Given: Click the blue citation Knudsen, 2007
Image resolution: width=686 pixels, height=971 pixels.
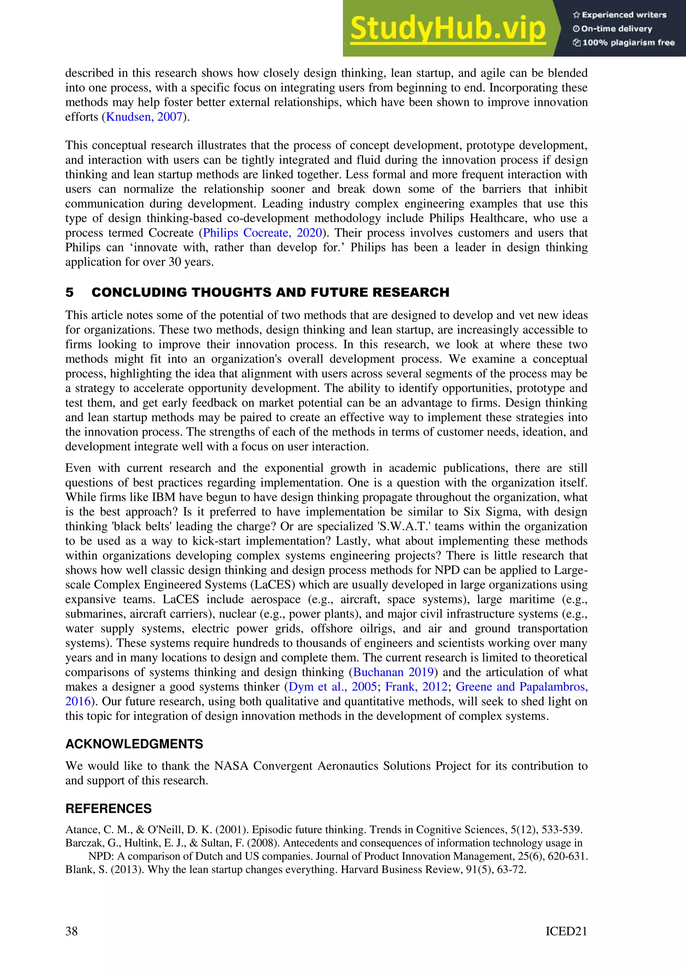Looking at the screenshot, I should point(144,117).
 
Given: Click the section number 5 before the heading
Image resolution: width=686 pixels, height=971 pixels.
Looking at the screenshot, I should point(70,292).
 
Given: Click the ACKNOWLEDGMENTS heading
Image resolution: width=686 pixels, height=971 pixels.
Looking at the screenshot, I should point(134,744).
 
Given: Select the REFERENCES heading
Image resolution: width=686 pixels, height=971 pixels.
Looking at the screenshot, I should point(108,808).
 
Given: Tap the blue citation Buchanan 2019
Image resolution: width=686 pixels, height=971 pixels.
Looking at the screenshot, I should point(393,672).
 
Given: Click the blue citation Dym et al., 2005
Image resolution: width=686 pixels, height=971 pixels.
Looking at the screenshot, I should point(332,687).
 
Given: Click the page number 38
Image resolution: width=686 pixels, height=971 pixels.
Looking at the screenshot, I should point(71,931).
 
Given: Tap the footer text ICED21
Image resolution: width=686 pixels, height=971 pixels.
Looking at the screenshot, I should point(566,931).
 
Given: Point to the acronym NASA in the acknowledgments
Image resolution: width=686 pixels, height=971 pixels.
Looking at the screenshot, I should point(231,766).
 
